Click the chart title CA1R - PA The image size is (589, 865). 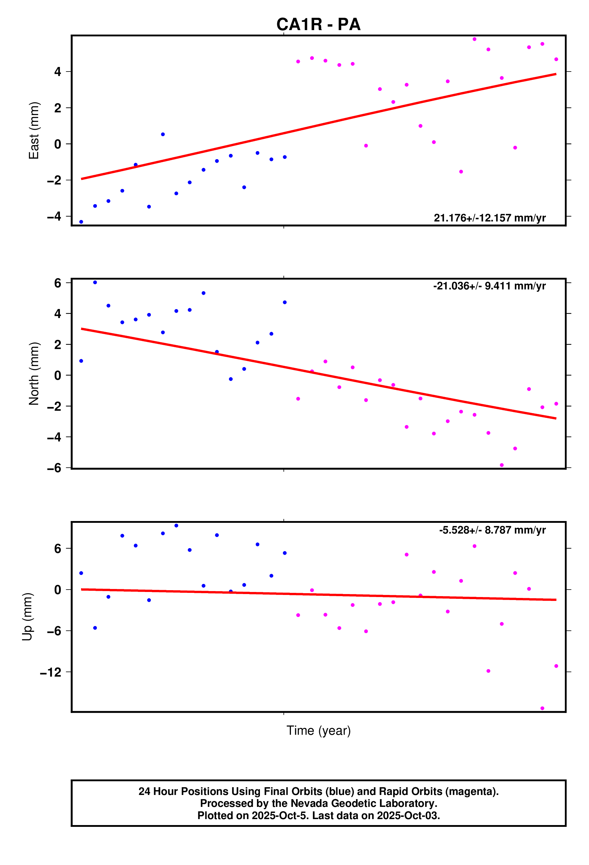tap(318, 24)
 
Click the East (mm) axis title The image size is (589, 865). tap(34, 130)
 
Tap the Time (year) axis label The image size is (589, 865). tap(318, 730)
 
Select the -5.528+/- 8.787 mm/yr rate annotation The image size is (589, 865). tap(492, 530)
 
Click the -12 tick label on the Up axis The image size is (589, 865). tap(51, 672)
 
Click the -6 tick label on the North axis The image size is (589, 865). tap(54, 468)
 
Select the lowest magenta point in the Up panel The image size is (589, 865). tap(542, 708)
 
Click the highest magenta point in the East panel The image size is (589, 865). tap(474, 39)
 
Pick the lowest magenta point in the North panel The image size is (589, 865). tap(501, 465)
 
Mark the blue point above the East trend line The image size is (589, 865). tap(163, 134)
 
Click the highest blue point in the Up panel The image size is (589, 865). tap(176, 525)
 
